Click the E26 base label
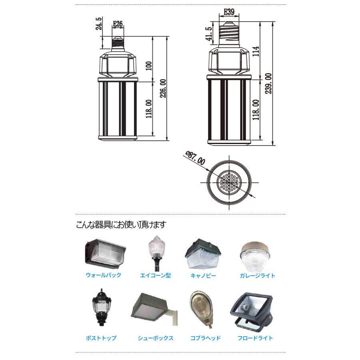(118, 24)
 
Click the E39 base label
(229, 12)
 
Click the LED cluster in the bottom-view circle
(229, 183)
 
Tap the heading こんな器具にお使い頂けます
(120, 225)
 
